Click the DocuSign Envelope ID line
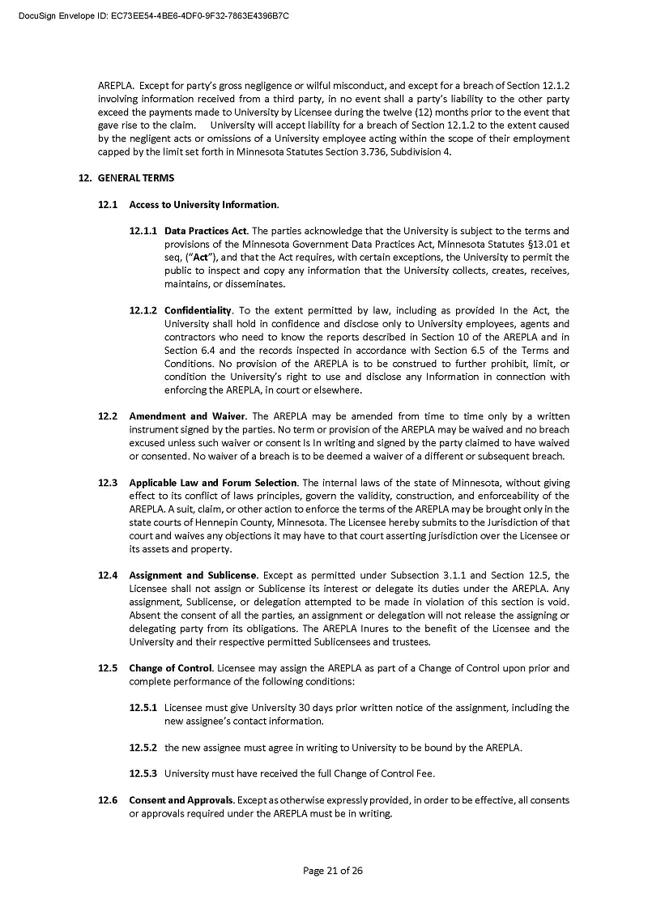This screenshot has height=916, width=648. point(155,15)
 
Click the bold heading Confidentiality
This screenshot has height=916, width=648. point(198,310)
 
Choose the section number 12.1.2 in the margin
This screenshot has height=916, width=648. point(143,310)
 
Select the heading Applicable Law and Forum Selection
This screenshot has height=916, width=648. point(213,483)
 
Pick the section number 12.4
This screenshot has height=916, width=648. point(109,575)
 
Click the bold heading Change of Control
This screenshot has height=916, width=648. point(170,668)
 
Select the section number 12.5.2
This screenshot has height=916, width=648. point(143,748)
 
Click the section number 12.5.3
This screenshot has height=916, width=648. point(143,773)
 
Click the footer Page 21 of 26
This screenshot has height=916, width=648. point(332,871)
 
